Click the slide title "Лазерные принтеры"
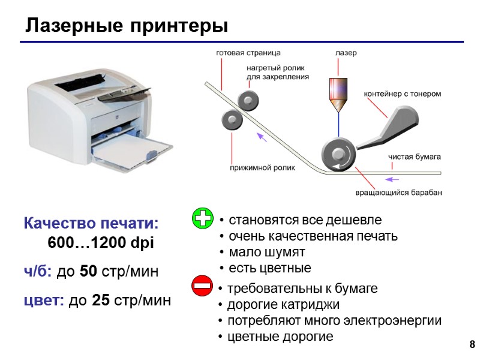(x=127, y=26)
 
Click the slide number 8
(x=472, y=344)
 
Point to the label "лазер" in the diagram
(x=345, y=53)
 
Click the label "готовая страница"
(x=248, y=53)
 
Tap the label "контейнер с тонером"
(x=403, y=94)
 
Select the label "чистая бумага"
(x=415, y=157)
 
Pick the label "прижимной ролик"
(x=263, y=169)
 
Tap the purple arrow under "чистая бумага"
(x=392, y=179)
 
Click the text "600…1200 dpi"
(x=100, y=244)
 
